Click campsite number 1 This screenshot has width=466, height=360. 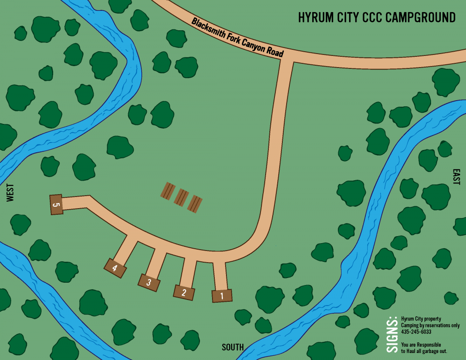tap(222, 296)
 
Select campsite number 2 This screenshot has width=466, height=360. tap(184, 292)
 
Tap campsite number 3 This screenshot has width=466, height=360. tap(149, 282)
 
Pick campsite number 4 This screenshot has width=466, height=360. tap(115, 268)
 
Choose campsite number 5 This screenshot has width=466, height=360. tap(56, 204)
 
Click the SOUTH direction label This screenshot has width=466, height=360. tap(233, 347)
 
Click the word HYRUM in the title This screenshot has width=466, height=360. tap(314, 18)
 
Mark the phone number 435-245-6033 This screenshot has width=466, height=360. tap(416, 332)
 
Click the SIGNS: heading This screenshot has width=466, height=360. tap(392, 332)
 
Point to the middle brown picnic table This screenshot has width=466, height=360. tap(181, 197)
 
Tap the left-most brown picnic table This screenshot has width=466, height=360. tap(168, 190)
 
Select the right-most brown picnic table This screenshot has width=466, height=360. tap(195, 203)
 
